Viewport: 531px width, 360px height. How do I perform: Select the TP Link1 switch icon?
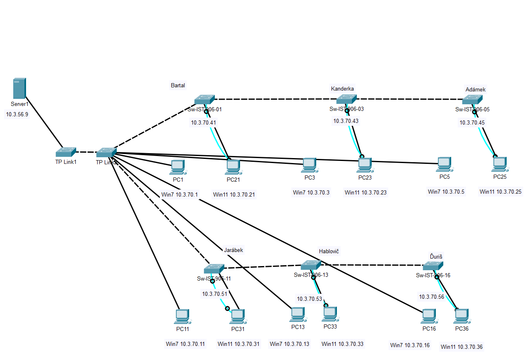coord(66,152)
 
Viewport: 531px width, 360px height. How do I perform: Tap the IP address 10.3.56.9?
coord(17,114)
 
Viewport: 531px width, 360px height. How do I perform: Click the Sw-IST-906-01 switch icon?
coord(204,100)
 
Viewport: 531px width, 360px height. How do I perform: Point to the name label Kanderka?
coord(342,89)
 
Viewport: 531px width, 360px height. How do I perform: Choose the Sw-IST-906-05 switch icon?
coord(472,100)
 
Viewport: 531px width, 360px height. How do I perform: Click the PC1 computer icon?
coord(178,167)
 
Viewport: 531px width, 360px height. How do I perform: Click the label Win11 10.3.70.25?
coord(501,192)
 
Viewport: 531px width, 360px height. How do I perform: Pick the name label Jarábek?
coord(233,250)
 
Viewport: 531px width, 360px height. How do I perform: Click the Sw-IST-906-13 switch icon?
coord(311,265)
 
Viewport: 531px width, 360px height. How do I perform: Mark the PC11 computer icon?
coord(182,317)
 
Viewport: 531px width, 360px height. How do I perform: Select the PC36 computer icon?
coord(461,317)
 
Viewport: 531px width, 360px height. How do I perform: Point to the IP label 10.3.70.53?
coord(309,298)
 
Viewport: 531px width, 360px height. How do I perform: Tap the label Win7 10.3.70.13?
coord(289,344)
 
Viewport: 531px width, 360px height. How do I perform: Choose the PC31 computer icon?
coord(238,317)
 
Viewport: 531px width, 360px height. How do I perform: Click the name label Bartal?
coord(178,85)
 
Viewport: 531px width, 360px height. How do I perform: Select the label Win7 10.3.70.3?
coord(311,192)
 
